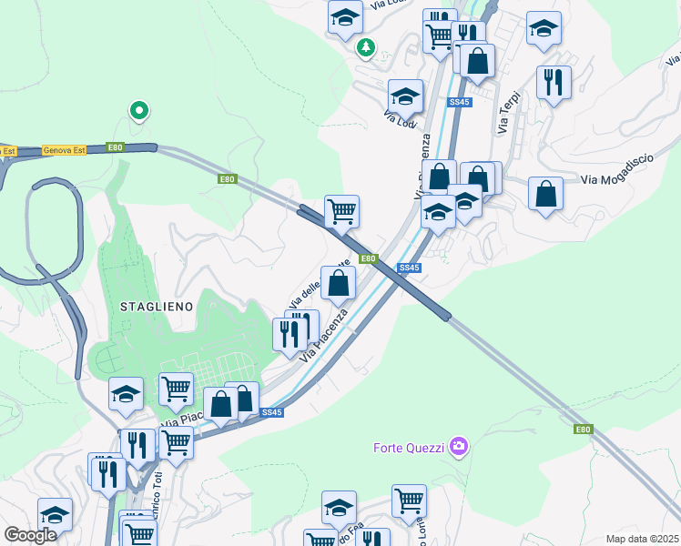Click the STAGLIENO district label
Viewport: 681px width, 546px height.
[157, 307]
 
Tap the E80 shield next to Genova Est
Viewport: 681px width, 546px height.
[115, 147]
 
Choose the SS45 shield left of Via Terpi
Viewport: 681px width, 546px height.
[459, 103]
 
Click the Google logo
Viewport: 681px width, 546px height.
[30, 535]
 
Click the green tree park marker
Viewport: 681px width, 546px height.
[365, 46]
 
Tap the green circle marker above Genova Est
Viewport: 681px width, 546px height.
[138, 111]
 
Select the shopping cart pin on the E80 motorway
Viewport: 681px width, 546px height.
[341, 211]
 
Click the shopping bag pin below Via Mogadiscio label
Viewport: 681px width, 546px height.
[544, 195]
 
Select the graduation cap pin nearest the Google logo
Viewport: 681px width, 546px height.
[55, 514]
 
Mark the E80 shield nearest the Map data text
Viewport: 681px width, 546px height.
[583, 429]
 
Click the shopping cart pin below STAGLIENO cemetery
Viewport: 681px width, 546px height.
[176, 389]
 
